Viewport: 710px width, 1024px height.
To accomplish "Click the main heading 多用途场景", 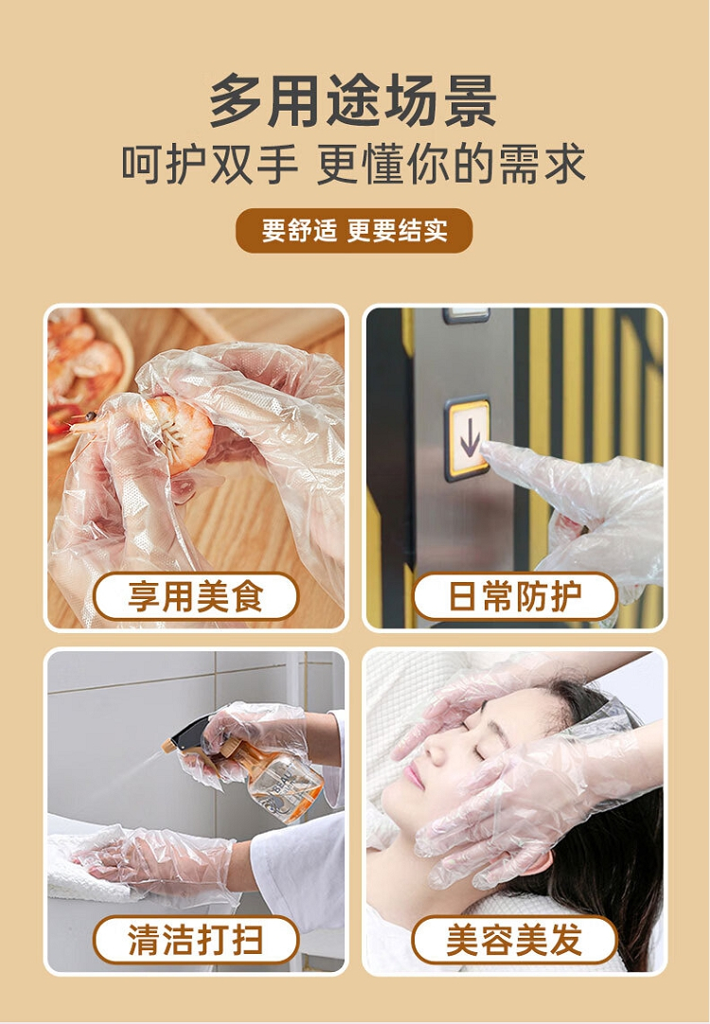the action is pos(353,100).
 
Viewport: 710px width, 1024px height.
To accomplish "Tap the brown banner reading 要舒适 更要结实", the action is pos(354,231).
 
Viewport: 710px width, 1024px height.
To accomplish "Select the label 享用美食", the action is pos(196,596).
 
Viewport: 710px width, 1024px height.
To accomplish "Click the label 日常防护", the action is pos(515,596).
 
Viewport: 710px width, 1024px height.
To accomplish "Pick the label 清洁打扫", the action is pos(196,940).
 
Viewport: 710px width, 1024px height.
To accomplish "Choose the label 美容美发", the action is pos(515,940).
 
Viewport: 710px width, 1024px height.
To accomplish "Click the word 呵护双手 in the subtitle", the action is pos(209,165).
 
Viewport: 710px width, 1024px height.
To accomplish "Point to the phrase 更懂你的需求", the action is pos(451,165).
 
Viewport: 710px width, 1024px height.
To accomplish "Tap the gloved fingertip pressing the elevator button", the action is pos(485,446).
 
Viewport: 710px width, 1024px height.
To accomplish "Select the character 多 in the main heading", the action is pos(236,100).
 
